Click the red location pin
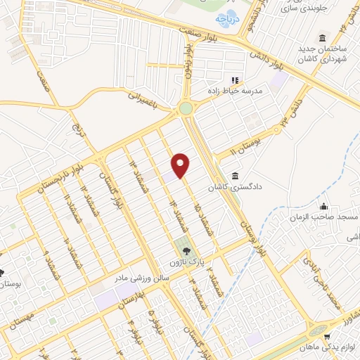181,165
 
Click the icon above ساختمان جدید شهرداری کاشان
323,37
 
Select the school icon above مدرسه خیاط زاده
235,81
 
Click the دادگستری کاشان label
235,188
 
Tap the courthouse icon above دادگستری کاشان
235,176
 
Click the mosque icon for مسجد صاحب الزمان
324,207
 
